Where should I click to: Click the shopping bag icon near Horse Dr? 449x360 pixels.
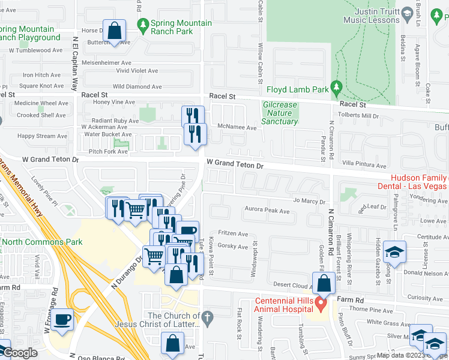point(114,31)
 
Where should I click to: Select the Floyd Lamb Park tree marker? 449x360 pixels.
point(336,88)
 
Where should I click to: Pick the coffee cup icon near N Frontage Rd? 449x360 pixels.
point(62,320)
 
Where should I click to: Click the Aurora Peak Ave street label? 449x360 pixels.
point(267,210)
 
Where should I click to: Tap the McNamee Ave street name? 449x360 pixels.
point(237,128)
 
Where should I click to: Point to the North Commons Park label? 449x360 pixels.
point(34,242)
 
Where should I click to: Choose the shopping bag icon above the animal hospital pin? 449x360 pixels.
point(324,283)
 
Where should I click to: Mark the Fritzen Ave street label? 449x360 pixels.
point(233,234)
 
